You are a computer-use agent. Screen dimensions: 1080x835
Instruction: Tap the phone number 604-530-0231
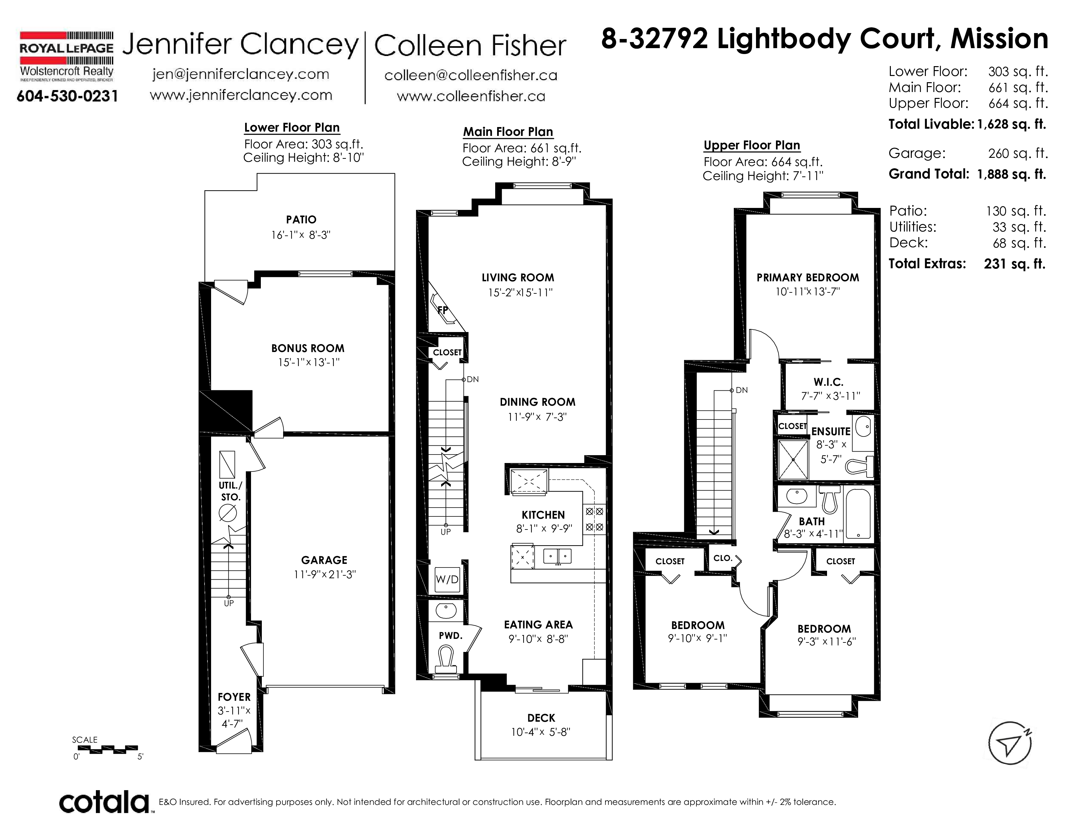coord(67,96)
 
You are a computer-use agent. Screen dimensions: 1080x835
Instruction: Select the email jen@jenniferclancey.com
coord(241,74)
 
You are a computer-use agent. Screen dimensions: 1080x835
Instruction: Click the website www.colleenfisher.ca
coord(471,96)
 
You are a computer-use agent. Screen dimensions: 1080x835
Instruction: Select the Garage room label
coord(324,560)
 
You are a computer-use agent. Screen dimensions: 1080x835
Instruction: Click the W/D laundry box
coord(447,579)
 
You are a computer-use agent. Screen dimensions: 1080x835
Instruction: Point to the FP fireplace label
coord(442,310)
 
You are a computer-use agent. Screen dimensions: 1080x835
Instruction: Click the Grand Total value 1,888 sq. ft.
coord(1012,174)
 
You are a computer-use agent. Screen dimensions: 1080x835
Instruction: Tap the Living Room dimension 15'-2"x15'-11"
coord(520,292)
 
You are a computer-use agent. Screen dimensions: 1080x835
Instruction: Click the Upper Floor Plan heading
coord(752,145)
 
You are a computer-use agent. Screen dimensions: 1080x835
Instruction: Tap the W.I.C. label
coord(829,382)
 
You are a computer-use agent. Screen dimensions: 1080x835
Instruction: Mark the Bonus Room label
coord(308,348)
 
